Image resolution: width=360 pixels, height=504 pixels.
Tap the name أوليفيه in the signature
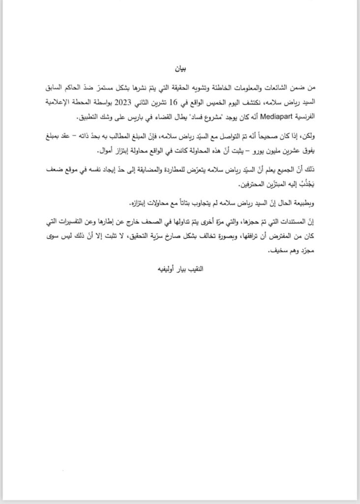tap(151, 270)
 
